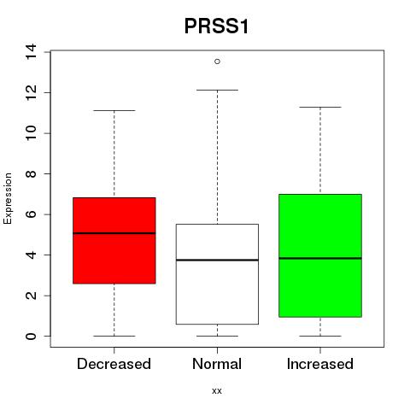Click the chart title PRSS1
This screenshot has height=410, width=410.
217,26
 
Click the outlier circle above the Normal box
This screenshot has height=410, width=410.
217,61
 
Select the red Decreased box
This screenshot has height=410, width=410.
114,241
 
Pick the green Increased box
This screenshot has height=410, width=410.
320,255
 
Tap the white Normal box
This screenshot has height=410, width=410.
217,274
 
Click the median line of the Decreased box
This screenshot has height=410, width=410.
114,233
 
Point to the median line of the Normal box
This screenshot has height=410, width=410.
217,260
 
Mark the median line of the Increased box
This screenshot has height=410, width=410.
320,258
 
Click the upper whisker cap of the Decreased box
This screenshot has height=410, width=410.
114,110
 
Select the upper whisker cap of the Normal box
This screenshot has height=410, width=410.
217,90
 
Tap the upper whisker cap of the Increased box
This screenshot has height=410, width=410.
320,107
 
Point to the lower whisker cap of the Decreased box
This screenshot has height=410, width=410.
114,336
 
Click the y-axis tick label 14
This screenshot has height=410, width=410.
31,52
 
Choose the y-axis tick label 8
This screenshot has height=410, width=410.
31,173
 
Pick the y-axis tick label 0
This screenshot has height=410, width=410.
31,337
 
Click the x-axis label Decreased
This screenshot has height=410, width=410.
114,364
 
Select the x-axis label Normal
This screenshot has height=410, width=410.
217,364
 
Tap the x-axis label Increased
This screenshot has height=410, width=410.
320,364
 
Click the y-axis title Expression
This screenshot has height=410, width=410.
8,198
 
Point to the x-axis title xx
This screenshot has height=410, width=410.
217,391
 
